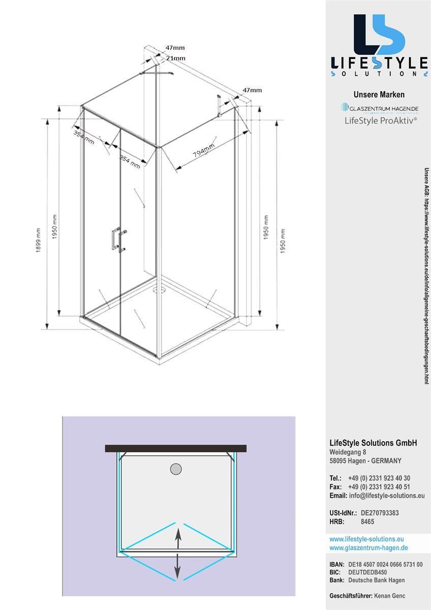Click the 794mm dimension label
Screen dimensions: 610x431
tap(203, 151)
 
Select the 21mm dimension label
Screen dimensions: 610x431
tap(175, 58)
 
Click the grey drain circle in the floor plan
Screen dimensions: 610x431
tap(176, 469)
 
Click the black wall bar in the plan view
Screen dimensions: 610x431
tap(176, 448)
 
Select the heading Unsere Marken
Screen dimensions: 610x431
tap(379, 95)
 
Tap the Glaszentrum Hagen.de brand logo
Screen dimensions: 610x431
tap(379, 108)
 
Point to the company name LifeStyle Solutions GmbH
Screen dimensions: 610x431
tap(373, 443)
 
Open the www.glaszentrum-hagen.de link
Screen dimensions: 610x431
tap(368, 547)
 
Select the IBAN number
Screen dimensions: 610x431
tap(385, 565)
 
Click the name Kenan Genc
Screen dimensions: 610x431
tap(389, 596)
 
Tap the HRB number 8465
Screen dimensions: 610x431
tap(367, 522)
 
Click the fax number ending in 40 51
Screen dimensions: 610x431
tap(379, 487)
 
